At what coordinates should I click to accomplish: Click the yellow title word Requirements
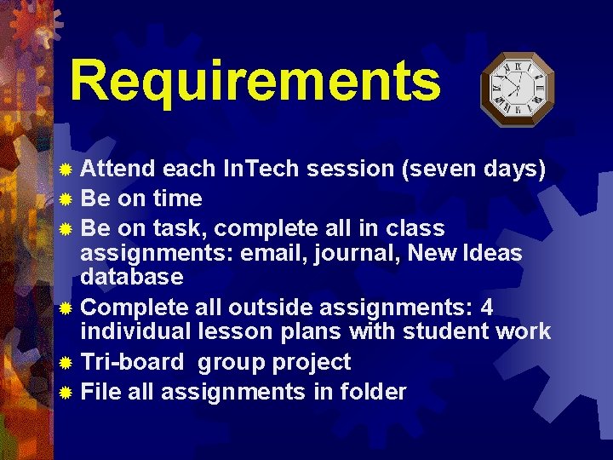coord(255,81)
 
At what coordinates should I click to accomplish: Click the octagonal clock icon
coord(517,89)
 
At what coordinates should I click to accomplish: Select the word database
coord(131,277)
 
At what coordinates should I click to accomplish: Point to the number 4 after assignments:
coord(486,307)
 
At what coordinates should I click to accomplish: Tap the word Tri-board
coord(132,362)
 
